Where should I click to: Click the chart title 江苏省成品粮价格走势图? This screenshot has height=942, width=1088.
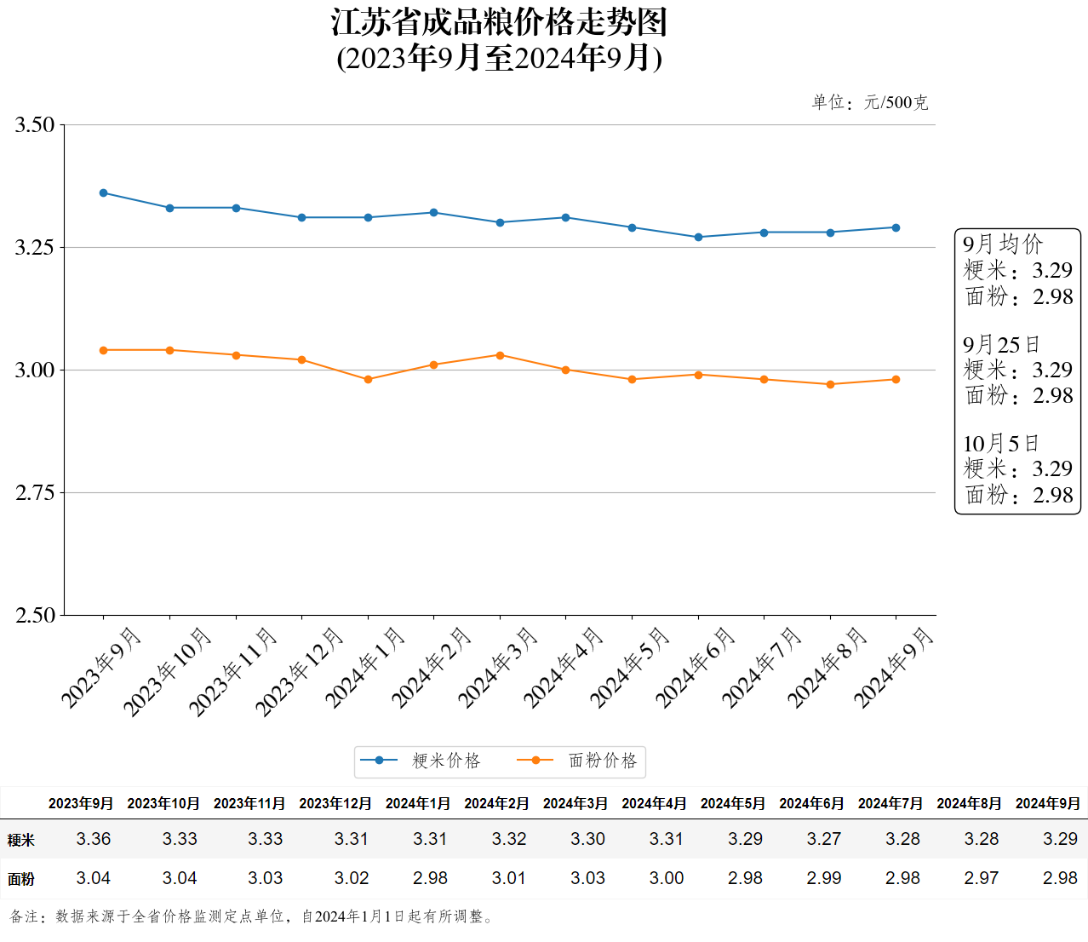tap(499, 23)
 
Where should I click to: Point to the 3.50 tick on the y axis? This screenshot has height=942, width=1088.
tap(35, 125)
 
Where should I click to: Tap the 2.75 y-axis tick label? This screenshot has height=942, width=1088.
tap(35, 493)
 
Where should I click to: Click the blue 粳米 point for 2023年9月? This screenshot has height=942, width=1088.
tap(104, 193)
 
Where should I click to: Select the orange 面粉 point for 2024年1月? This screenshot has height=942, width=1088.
tap(368, 380)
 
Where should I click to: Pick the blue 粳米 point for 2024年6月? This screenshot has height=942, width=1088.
tap(698, 238)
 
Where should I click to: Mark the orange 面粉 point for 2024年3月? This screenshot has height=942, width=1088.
tap(500, 355)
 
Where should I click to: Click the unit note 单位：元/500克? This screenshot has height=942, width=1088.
tap(869, 103)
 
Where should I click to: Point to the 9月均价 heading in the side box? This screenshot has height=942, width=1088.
tap(1002, 244)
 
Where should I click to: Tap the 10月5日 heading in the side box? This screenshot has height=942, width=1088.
tap(1000, 444)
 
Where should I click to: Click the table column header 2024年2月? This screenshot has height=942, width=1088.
tap(496, 803)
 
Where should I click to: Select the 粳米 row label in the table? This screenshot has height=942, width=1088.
tap(21, 840)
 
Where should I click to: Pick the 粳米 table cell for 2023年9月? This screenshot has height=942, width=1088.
tap(94, 839)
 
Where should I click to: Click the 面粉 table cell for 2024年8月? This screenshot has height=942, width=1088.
tap(981, 878)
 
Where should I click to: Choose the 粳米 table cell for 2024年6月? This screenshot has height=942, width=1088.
tap(823, 839)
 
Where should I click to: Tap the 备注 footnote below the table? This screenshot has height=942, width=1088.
tap(251, 916)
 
